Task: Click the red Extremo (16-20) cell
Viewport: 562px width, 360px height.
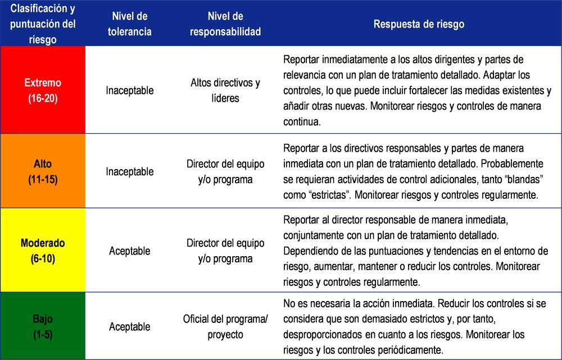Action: click(43, 90)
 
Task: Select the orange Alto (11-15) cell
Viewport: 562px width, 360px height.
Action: click(43, 171)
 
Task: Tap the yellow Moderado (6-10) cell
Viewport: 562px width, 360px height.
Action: click(43, 251)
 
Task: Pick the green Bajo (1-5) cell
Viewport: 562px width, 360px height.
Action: click(43, 326)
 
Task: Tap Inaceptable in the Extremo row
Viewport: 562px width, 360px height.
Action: click(129, 90)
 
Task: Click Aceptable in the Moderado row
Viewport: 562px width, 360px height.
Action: click(129, 251)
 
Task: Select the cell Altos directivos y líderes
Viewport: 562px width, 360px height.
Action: click(225, 90)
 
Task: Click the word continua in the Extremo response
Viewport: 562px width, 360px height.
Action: click(302, 121)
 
